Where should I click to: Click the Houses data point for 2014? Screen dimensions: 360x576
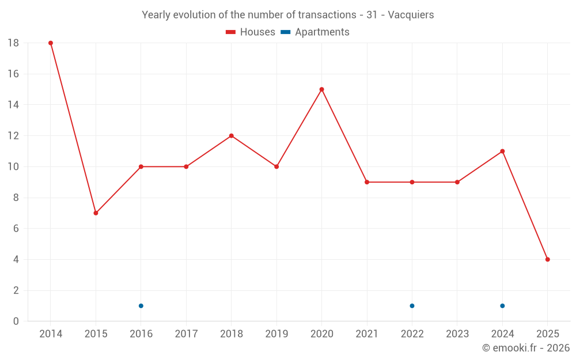click(51, 43)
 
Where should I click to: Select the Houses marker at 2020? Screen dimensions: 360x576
click(321, 89)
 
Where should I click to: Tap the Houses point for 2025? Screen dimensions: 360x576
click(547, 259)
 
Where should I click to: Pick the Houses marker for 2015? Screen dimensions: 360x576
click(96, 213)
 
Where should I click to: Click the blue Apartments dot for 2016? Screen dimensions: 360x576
click(141, 306)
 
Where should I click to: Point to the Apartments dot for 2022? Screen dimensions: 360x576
click(412, 306)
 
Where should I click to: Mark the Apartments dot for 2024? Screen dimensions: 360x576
click(502, 306)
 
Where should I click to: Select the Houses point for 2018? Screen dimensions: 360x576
click(231, 136)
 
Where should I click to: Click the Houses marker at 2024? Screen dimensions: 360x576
click(502, 151)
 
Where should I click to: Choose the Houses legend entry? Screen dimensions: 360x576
click(251, 32)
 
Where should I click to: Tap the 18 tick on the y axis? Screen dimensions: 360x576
click(13, 43)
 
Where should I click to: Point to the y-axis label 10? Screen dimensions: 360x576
click(13, 167)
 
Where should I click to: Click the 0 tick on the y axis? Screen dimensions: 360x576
click(16, 321)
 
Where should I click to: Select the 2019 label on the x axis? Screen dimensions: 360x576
click(276, 334)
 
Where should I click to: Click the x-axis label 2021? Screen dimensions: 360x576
click(367, 334)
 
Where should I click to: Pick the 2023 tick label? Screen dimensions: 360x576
click(457, 334)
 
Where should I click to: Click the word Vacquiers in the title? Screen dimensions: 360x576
click(411, 15)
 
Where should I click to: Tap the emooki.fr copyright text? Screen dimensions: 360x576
click(526, 348)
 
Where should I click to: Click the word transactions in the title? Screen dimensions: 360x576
click(329, 15)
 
